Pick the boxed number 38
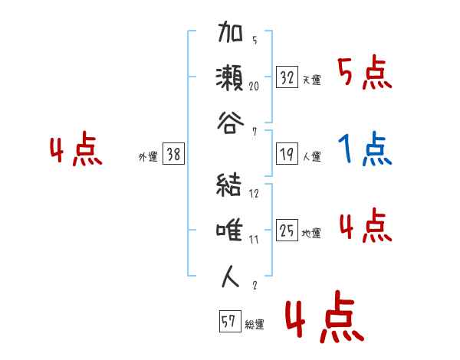click(173, 155)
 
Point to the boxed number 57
click(228, 322)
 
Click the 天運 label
click(311, 80)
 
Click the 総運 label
click(254, 325)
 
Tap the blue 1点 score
click(366, 150)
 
